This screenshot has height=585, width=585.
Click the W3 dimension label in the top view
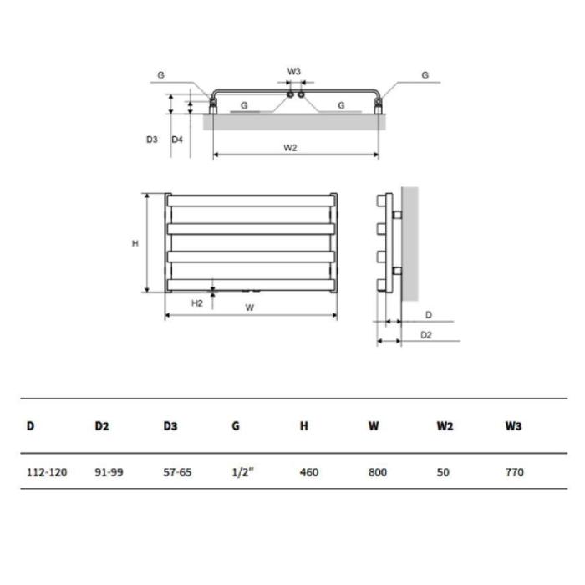point(293,71)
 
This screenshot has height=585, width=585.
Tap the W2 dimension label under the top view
point(290,148)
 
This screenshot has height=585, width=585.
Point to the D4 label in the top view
point(177,140)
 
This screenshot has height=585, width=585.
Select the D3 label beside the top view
point(152,140)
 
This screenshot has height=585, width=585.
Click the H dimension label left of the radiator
point(135,243)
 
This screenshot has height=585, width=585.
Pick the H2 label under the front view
point(197,303)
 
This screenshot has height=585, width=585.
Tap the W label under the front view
point(250,308)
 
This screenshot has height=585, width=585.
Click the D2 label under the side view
point(426,335)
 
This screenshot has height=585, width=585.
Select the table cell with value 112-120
point(47,472)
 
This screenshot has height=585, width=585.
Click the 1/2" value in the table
point(242,472)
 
